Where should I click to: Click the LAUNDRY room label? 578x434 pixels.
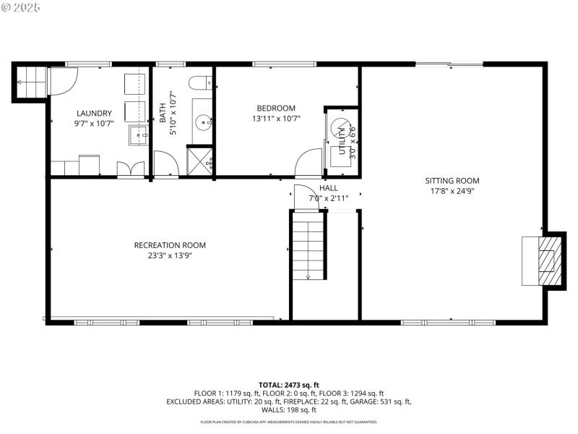click(x=94, y=113)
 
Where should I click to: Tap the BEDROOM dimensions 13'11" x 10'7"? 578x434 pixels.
click(x=276, y=119)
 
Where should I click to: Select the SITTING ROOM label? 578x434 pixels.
click(x=452, y=181)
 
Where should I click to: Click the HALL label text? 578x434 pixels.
click(x=329, y=188)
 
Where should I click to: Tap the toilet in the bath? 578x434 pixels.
click(x=199, y=84)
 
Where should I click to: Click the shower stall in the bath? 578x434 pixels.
click(x=200, y=161)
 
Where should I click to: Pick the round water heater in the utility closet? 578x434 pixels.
click(x=339, y=128)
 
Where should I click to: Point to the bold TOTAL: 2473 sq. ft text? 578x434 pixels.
click(x=289, y=385)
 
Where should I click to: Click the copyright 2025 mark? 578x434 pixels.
click(x=22, y=7)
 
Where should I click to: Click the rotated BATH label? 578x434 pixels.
click(x=163, y=112)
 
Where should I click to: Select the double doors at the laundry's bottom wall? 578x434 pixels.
click(x=130, y=169)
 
